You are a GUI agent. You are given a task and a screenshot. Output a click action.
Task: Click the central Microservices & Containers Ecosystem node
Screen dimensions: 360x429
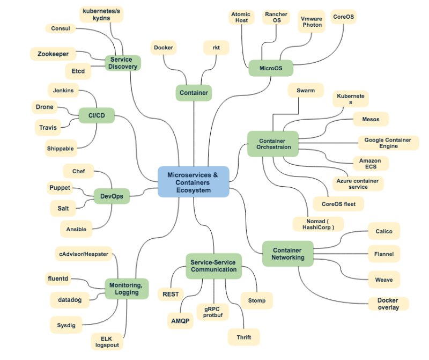tap(193, 182)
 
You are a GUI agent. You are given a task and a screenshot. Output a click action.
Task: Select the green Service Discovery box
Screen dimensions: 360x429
tap(123, 63)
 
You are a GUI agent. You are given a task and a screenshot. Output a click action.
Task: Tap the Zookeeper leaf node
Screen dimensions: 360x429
tap(53, 54)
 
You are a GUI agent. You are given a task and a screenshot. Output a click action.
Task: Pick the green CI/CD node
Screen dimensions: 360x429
tap(97, 115)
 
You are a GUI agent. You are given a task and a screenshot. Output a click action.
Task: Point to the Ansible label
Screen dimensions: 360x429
tap(76, 229)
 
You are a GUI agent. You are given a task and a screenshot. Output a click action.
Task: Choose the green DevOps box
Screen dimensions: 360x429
tap(112, 196)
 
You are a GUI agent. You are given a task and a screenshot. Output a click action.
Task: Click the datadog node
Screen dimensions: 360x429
tap(69, 300)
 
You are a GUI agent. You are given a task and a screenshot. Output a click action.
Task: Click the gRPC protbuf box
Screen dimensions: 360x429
tap(213, 312)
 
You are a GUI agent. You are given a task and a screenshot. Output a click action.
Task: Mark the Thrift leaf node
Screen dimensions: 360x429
tap(244, 337)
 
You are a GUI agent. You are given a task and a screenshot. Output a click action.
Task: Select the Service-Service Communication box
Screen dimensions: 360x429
tap(213, 266)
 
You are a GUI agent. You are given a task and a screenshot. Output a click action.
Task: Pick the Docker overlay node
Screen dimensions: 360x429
tap(388, 304)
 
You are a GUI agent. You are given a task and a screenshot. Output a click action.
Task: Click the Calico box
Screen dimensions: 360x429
tap(384, 231)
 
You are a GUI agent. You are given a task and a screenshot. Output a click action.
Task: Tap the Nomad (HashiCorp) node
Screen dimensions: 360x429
tap(318, 224)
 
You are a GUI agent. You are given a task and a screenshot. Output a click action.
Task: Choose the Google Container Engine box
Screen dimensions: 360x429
tap(388, 143)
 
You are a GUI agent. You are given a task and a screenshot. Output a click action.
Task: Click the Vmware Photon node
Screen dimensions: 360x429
tap(312, 21)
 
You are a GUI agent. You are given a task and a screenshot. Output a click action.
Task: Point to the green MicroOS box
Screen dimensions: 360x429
tap(271, 68)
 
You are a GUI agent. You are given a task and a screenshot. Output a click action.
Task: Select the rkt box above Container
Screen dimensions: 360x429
tap(216, 48)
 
